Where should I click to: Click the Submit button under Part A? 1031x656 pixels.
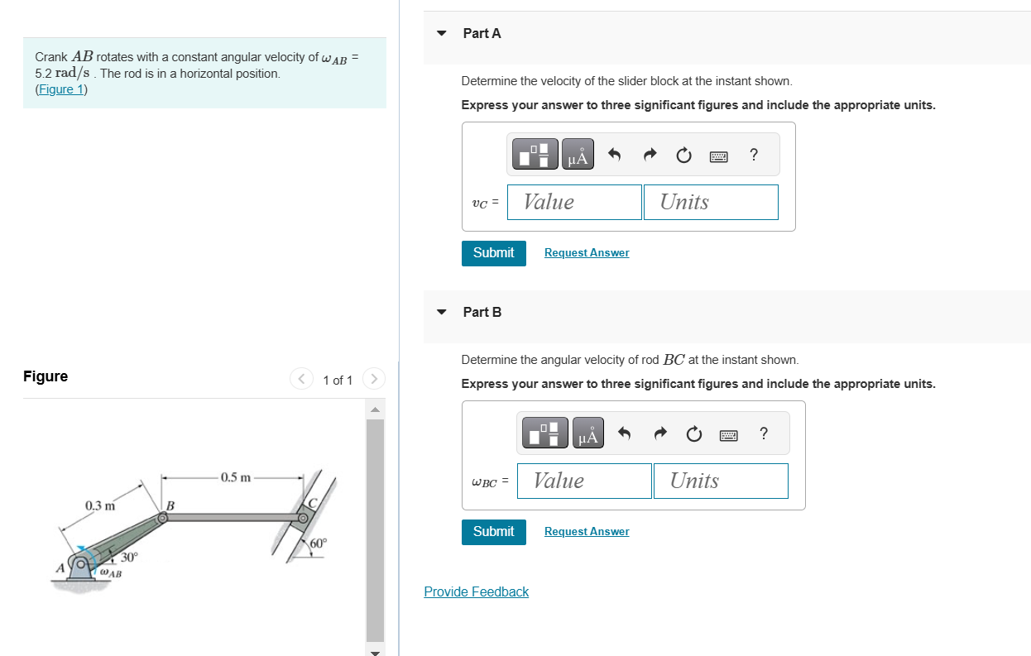point(493,252)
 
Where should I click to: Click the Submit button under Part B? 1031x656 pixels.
point(493,531)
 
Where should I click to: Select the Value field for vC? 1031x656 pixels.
point(574,202)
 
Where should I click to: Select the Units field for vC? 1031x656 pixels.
point(711,202)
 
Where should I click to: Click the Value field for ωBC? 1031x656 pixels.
point(584,481)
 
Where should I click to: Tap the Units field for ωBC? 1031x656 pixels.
point(721,481)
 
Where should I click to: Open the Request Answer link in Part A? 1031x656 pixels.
point(587,253)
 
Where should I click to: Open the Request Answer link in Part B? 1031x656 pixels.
point(587,532)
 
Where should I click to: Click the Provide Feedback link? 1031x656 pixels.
point(476,591)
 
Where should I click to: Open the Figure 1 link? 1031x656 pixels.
point(60,89)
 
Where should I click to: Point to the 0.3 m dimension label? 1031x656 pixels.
point(100,505)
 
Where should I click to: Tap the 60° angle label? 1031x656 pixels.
point(319,543)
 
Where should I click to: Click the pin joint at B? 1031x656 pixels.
point(163,518)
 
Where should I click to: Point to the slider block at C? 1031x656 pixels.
point(304,519)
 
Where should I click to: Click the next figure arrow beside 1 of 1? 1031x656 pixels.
point(374,380)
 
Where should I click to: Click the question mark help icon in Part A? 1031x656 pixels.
point(753,155)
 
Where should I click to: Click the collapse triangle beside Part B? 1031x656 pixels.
point(442,313)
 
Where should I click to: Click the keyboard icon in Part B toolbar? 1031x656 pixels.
point(729,434)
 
